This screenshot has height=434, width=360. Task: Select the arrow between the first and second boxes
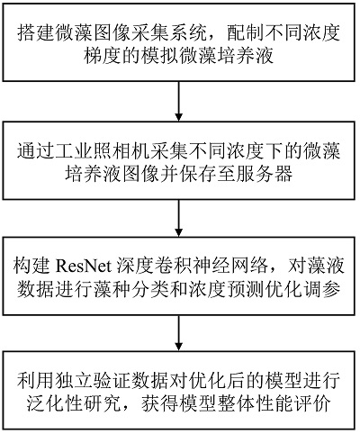pos(179,101)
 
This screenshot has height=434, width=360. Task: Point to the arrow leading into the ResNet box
pos(179,218)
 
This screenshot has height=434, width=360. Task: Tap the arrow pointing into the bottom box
pos(179,333)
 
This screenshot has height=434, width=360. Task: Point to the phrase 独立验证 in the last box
pos(97,379)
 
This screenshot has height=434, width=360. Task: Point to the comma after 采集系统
pos(213,37)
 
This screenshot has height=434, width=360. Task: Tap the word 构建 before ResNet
pos(31,266)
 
